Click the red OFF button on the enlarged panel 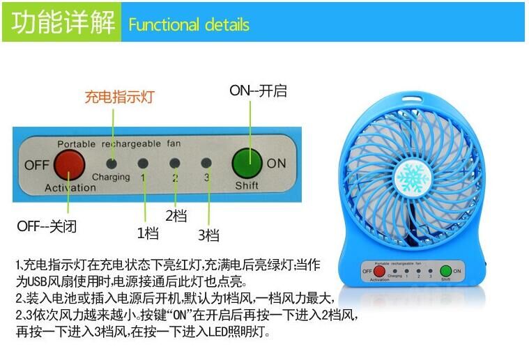coord(69,164)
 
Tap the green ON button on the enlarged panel coord(247,163)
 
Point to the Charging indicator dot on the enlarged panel coord(112,162)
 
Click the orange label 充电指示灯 coord(119,97)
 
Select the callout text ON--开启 coord(258,91)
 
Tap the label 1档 coord(147,233)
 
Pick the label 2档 coord(176,216)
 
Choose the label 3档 coord(208,235)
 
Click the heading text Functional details coord(189,25)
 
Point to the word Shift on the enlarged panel coord(247,186)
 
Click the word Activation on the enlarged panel coord(70,188)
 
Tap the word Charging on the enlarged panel coord(111,177)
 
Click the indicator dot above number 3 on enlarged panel coord(206,163)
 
